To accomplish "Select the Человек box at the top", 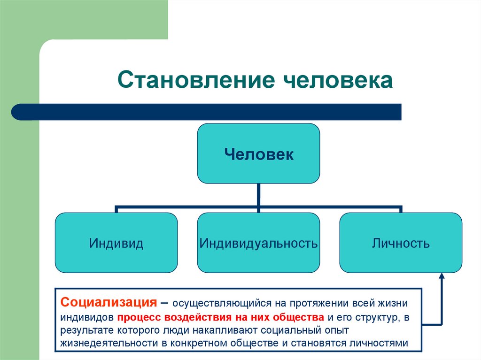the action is [x=258, y=153].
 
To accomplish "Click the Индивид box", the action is [x=116, y=243].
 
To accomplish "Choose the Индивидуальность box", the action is [x=258, y=243].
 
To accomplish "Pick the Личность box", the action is [x=401, y=243].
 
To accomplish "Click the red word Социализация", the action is [x=109, y=301].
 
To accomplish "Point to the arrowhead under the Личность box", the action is [x=442, y=277].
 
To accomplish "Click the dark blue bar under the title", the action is [x=207, y=112].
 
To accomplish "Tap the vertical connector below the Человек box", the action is [x=258, y=194].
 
